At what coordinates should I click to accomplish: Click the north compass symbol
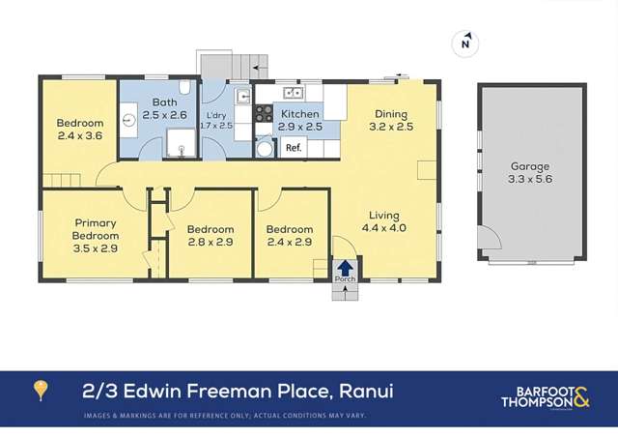pyautogui.click(x=465, y=43)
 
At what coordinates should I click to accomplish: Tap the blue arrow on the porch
pyautogui.click(x=345, y=267)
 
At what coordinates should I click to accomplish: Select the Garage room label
pyautogui.click(x=530, y=166)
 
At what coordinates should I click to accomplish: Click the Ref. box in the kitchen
pyautogui.click(x=293, y=148)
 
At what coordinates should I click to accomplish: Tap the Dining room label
pyautogui.click(x=391, y=113)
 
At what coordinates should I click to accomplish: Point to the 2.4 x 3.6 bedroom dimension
pyautogui.click(x=79, y=137)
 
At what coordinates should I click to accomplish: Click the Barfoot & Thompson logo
pyautogui.click(x=546, y=397)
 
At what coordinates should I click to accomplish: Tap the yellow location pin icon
pyautogui.click(x=41, y=391)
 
